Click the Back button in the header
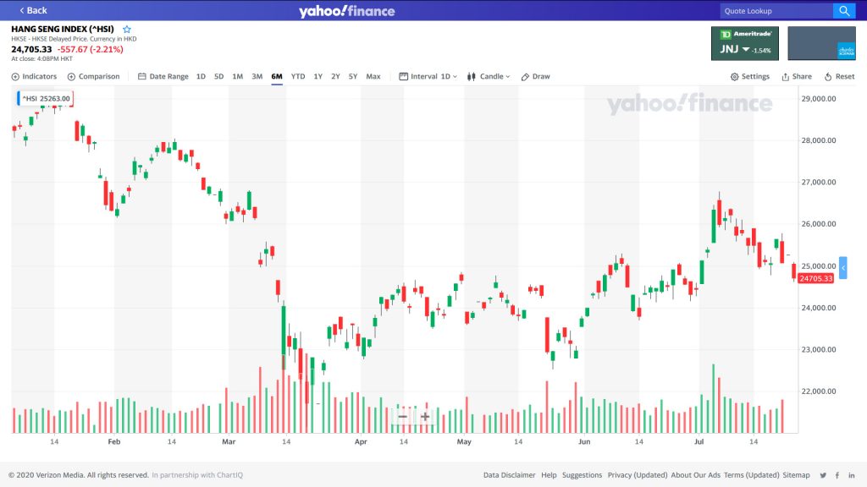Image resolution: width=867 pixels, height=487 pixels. (32, 10)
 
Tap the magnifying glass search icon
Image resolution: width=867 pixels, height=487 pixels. (845, 11)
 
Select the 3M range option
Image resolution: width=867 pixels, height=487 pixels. (257, 76)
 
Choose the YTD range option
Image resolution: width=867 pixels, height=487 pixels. (298, 76)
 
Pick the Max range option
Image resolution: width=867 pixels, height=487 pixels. (373, 76)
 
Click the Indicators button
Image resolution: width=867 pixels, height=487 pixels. (35, 76)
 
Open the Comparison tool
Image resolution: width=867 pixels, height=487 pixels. (94, 76)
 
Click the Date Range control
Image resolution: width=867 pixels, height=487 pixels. (163, 76)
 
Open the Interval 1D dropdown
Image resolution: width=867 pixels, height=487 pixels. (428, 76)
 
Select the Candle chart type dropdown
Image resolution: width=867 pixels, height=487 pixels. (489, 76)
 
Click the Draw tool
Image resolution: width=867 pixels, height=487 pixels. (536, 76)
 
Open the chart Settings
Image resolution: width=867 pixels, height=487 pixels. (750, 76)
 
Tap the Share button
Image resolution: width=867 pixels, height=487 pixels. (797, 76)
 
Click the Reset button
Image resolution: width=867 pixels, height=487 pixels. (839, 76)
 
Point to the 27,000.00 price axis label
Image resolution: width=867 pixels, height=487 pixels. (818, 182)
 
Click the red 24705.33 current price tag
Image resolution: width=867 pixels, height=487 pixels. (815, 278)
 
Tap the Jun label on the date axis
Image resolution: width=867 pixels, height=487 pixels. (584, 441)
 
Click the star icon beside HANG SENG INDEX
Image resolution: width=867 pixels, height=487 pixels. (127, 29)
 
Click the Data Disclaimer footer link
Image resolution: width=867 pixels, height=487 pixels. (510, 475)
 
